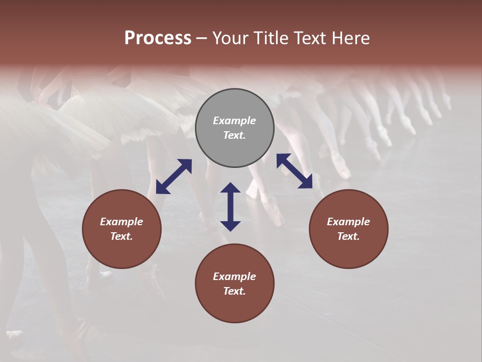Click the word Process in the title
[158, 38]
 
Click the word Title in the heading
[272, 38]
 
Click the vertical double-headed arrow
[230, 207]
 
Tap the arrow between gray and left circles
[174, 176]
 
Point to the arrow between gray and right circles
[294, 171]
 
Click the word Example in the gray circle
[234, 121]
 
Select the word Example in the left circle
[122, 222]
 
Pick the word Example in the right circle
[348, 222]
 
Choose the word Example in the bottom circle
[234, 277]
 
